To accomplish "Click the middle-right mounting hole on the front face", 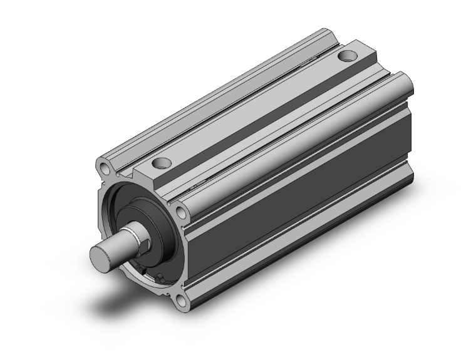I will (x=181, y=212).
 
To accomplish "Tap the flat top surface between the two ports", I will (x=251, y=113).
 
